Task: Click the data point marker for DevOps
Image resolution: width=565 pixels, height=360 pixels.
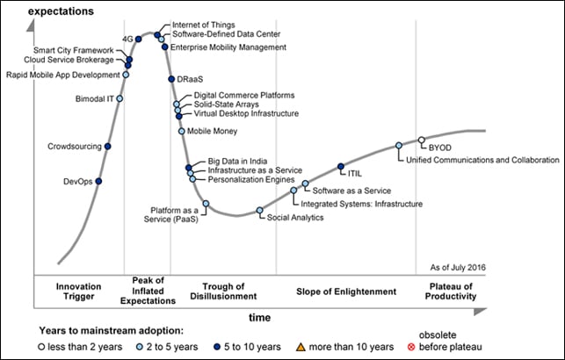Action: point(98,182)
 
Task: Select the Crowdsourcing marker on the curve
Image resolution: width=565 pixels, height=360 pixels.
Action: point(108,147)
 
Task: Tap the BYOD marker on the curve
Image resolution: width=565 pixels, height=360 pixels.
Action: point(422,140)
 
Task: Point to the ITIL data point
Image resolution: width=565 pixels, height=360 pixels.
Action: point(341,166)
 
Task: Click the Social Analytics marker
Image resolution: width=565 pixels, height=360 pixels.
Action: point(260,210)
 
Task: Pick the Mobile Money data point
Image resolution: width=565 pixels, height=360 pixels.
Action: point(182,132)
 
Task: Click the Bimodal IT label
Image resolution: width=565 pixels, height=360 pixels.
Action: point(94,99)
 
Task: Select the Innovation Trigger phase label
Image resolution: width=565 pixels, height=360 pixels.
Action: point(78,292)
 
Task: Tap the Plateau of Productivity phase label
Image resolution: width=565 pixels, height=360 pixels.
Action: point(451,292)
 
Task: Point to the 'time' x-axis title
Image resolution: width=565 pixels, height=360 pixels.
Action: point(258,316)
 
